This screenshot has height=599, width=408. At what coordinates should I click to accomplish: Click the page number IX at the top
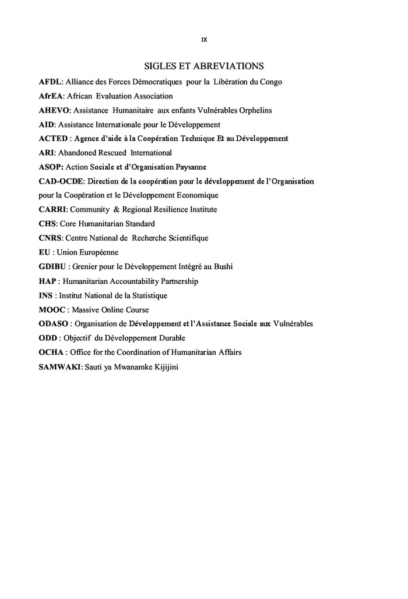(204, 40)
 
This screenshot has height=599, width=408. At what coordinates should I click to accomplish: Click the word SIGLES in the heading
(159, 66)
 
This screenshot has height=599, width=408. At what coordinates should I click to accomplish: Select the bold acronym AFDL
(50, 82)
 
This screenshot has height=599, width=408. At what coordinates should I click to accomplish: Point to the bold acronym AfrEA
(51, 96)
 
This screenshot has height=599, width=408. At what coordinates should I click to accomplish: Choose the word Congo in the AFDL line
(270, 82)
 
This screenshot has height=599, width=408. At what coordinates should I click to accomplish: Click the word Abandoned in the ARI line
(84, 153)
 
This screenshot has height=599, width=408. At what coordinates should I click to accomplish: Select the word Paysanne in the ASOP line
(191, 167)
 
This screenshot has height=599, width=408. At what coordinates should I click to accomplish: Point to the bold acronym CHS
(47, 224)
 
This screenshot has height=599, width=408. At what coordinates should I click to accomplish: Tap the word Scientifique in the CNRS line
(188, 238)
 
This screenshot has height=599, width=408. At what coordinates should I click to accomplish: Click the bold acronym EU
(44, 252)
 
